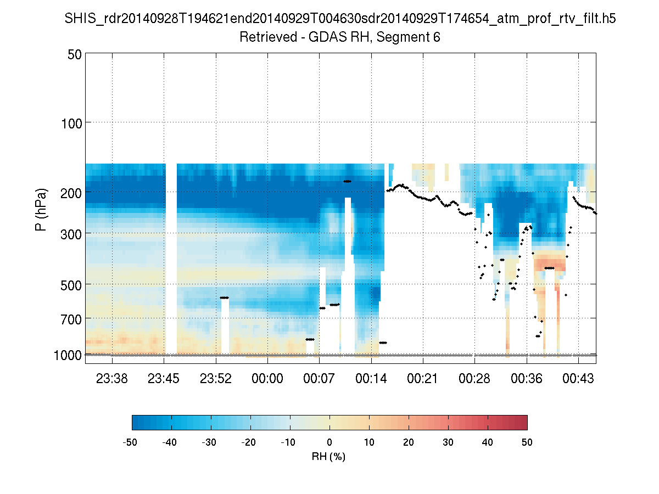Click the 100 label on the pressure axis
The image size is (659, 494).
(x=71, y=122)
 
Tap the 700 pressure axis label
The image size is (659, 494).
(x=71, y=319)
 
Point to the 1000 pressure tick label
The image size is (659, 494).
(x=68, y=355)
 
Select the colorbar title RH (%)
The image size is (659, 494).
(x=329, y=457)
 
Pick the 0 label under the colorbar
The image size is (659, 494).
(x=329, y=442)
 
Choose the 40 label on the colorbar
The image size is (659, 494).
(x=488, y=442)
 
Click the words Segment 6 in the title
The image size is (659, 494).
(x=409, y=38)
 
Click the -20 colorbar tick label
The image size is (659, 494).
(x=249, y=442)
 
